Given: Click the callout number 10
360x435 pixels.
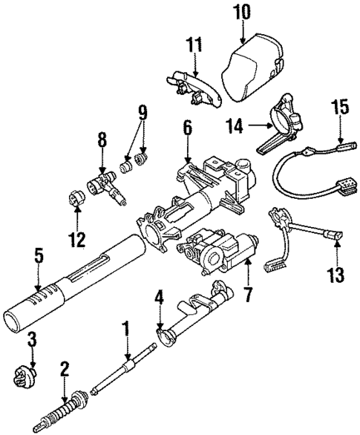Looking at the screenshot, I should pyautogui.click(x=242, y=12).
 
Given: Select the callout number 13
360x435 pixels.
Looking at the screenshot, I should pyautogui.click(x=336, y=275).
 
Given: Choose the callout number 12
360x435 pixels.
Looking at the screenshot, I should pyautogui.click(x=74, y=241).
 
